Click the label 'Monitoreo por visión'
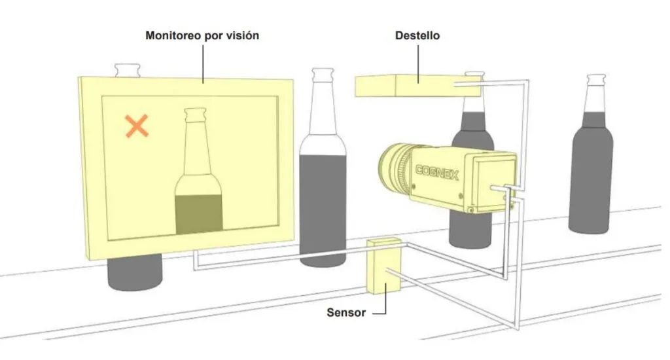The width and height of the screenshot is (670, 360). coord(202,36)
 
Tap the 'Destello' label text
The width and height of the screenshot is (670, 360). coord(417,36)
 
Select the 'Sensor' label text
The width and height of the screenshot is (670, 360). coord(345,312)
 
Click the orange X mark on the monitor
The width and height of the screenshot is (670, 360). coord(137,125)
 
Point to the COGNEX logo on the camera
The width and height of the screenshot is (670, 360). coord(438,173)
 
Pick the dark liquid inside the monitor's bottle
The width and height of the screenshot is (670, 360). coord(198,213)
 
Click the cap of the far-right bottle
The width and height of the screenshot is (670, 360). coord(595,79)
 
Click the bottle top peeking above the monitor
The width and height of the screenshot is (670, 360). coord(127,69)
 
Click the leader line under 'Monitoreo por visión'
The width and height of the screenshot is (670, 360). coord(202,63)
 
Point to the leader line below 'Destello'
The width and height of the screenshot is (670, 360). coord(417,63)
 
